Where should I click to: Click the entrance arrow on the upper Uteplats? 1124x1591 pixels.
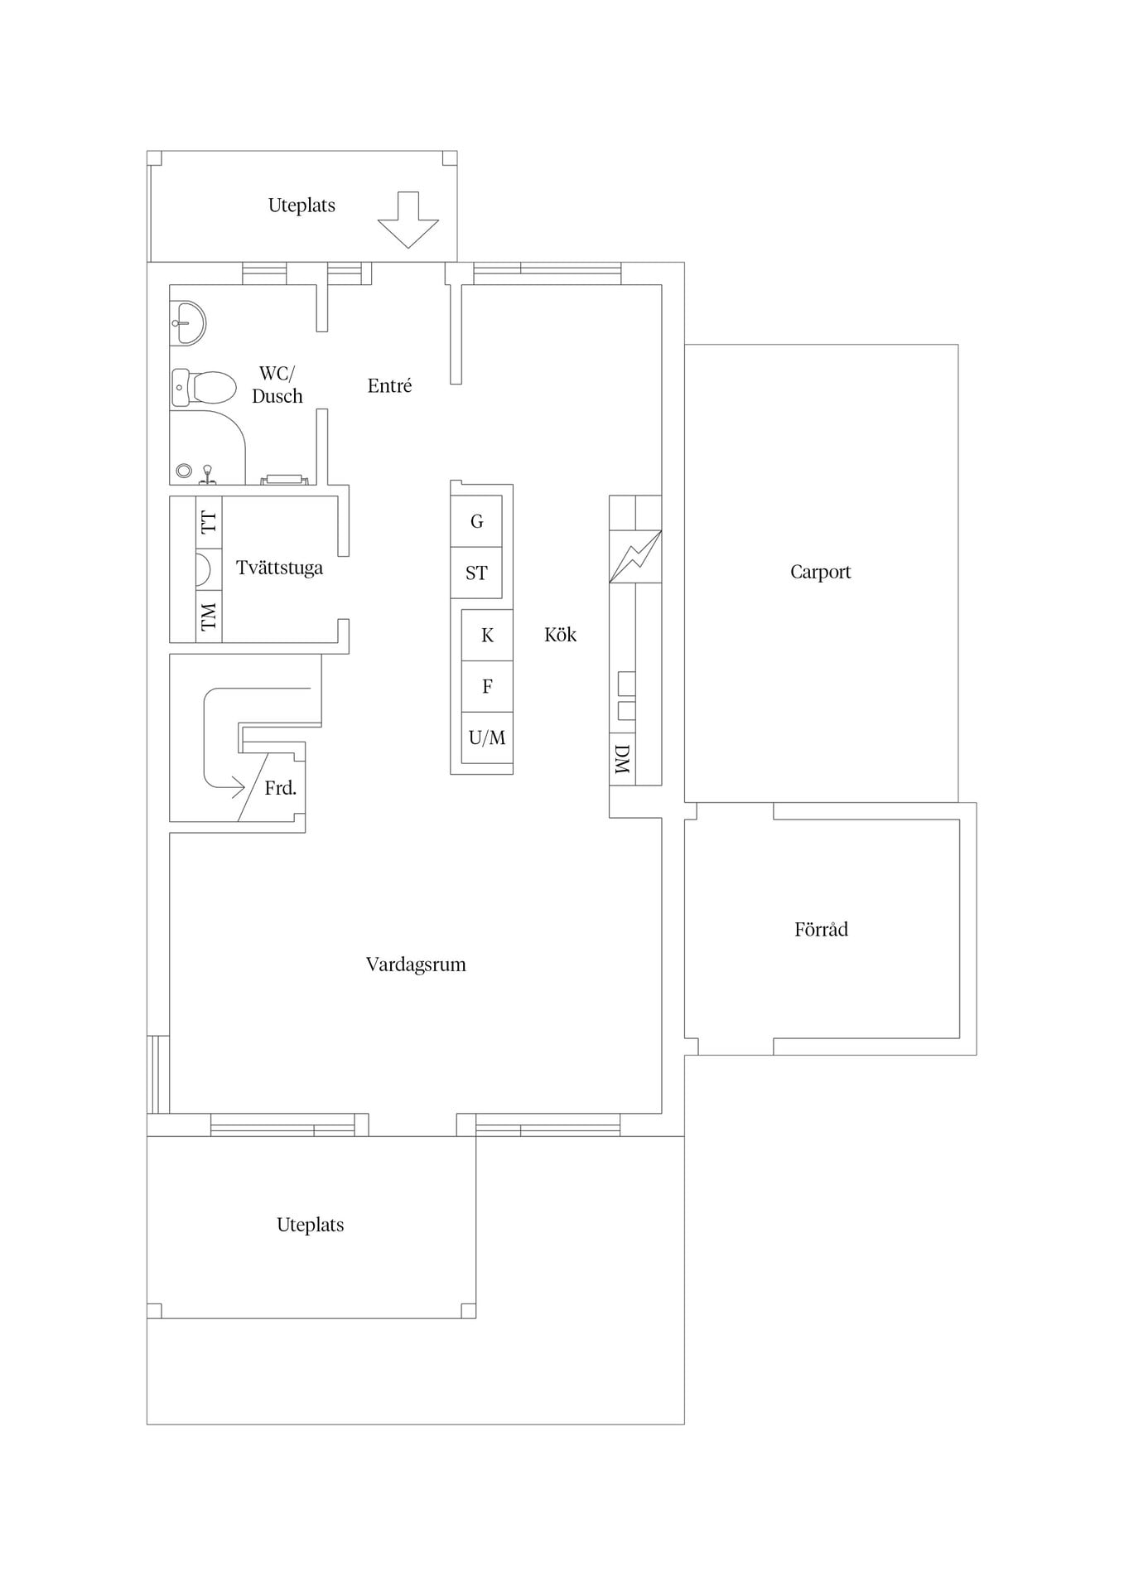(x=408, y=220)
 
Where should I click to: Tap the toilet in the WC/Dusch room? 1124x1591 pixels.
(x=204, y=388)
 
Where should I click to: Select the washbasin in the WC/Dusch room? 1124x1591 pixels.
(x=189, y=322)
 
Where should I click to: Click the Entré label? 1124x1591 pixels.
(x=389, y=385)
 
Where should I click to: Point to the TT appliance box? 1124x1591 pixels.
(x=209, y=522)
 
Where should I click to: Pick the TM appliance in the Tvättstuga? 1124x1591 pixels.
(x=209, y=616)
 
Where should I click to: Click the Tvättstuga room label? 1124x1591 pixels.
(x=279, y=568)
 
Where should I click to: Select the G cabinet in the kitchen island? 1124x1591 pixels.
(x=476, y=521)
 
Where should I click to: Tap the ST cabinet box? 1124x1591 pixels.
(x=476, y=573)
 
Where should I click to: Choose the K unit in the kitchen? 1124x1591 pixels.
(x=487, y=635)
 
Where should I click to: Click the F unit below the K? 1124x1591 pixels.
(x=487, y=686)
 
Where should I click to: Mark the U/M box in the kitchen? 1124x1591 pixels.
(x=487, y=737)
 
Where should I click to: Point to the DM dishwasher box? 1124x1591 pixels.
(x=623, y=758)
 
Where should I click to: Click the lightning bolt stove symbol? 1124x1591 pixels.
(x=635, y=556)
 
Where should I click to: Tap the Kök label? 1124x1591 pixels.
(x=560, y=635)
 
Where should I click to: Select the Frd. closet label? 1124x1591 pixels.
(x=281, y=788)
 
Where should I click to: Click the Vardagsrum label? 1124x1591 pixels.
(x=416, y=965)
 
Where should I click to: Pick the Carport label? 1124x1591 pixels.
(x=821, y=572)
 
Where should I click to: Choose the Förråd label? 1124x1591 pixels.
(x=821, y=929)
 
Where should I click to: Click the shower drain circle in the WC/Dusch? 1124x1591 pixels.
(x=184, y=471)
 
